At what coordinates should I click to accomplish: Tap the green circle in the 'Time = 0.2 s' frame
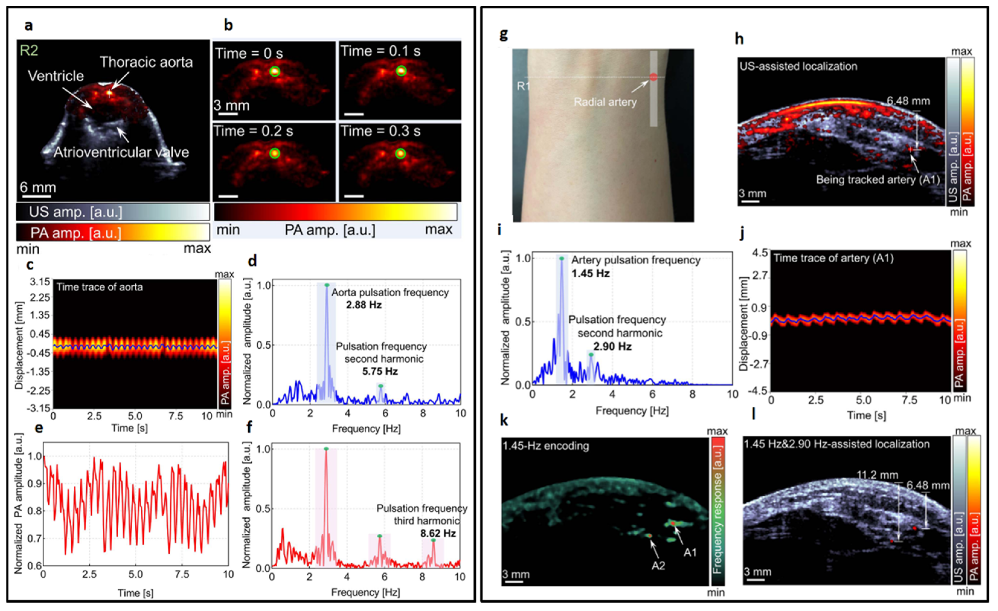[275, 153]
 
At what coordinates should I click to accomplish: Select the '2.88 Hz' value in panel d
[363, 305]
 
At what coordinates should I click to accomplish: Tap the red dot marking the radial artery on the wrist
[653, 77]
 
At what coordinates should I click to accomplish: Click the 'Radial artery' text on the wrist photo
[605, 102]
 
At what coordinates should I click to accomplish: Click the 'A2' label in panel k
[658, 566]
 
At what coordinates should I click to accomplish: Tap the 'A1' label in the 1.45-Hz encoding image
[690, 552]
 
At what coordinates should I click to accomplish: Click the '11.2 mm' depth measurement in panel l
[877, 475]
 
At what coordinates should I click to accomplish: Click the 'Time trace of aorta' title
[100, 287]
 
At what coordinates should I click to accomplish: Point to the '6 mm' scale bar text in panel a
[38, 187]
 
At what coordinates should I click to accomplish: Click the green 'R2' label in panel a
[29, 51]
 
